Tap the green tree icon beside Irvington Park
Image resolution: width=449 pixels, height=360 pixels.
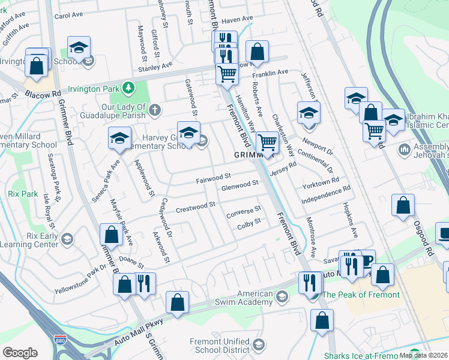(128, 89)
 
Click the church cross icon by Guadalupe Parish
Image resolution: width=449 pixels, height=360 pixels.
(155, 109)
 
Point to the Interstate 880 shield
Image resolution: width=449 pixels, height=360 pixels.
(59, 340)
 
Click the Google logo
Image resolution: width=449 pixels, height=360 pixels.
(20, 353)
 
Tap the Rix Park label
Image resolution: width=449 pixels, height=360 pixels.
(24, 194)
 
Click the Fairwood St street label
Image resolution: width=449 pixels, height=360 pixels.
(214, 178)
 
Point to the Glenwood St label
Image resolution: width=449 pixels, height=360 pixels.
(240, 185)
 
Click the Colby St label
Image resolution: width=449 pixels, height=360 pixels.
(249, 223)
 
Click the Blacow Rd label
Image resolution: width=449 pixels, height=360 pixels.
(43, 94)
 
